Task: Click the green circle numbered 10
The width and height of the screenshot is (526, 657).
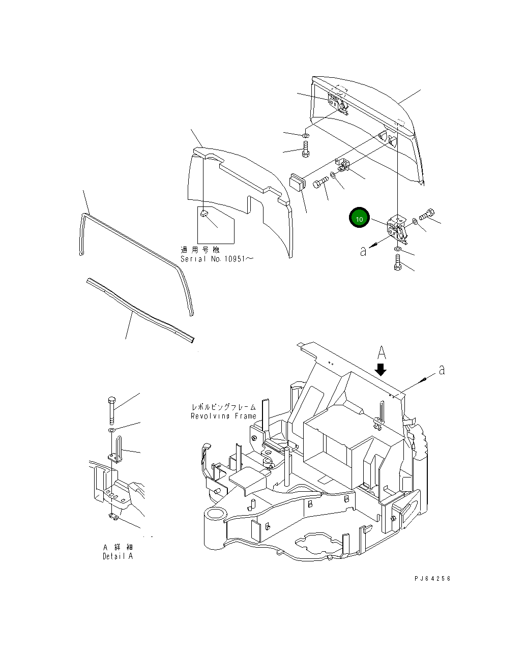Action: pyautogui.click(x=359, y=219)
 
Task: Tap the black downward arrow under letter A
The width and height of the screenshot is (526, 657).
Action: pyautogui.click(x=381, y=368)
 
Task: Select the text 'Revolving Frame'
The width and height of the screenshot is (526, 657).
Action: pyautogui.click(x=223, y=416)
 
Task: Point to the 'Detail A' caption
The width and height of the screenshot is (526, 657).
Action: pyautogui.click(x=118, y=556)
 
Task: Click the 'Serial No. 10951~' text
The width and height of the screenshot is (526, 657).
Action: pyautogui.click(x=217, y=258)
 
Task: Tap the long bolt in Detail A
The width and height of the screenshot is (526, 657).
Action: pyautogui.click(x=111, y=410)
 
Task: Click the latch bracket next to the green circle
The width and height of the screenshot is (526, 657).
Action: pyautogui.click(x=397, y=227)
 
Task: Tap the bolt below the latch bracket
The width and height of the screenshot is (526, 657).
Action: pyautogui.click(x=397, y=262)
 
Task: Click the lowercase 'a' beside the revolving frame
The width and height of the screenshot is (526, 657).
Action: pyautogui.click(x=442, y=370)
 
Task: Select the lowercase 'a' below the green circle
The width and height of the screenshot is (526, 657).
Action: pyautogui.click(x=363, y=251)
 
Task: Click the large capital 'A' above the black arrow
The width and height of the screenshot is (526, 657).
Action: pyautogui.click(x=382, y=352)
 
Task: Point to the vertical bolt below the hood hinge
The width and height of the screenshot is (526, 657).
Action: pyautogui.click(x=305, y=150)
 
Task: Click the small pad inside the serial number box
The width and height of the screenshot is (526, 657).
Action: pyautogui.click(x=203, y=214)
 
